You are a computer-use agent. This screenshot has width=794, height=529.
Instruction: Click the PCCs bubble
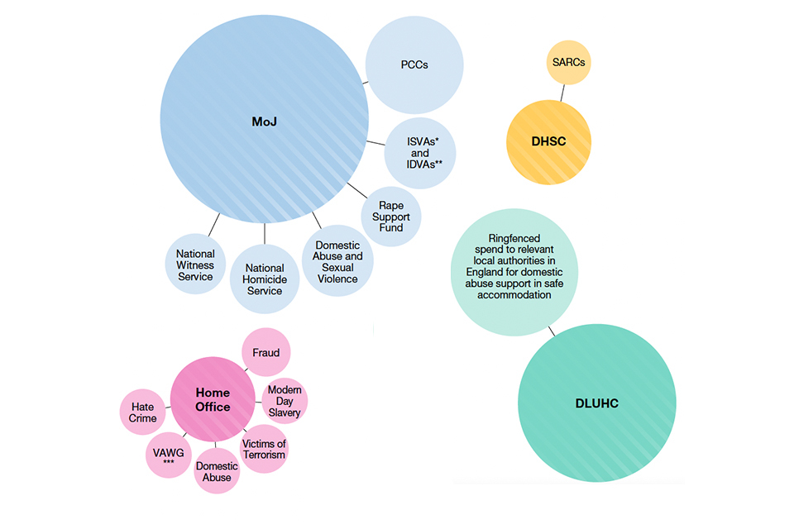coord(414,64)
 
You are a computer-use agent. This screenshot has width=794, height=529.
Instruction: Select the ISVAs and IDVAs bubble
coord(420,153)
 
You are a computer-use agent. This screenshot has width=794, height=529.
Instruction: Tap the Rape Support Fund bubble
coord(391,217)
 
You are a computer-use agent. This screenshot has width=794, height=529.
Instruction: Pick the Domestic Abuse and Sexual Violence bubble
coord(337,261)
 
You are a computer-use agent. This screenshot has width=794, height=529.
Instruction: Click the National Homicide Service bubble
coord(265,279)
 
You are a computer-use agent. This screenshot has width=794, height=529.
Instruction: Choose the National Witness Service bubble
coord(195,265)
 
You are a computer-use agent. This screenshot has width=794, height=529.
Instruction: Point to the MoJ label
coord(264,122)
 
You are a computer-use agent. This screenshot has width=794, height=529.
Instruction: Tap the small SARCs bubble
coord(569,63)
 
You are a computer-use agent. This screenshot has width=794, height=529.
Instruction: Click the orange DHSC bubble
coord(548,141)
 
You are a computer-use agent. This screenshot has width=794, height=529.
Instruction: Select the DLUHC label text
coord(596,404)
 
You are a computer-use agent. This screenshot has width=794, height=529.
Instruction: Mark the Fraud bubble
coord(265,353)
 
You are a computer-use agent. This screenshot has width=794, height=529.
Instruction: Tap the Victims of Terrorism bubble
coord(263,450)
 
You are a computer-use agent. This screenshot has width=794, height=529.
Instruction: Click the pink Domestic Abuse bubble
coord(217,470)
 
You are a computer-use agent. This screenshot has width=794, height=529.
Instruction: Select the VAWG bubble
coord(169,454)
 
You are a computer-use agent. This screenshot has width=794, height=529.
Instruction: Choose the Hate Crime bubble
coord(143,412)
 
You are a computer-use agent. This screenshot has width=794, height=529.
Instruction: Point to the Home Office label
coord(213,399)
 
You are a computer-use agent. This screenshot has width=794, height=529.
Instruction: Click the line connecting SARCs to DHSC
coord(562,93)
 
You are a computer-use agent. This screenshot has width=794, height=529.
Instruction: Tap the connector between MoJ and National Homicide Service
coord(265,233)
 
